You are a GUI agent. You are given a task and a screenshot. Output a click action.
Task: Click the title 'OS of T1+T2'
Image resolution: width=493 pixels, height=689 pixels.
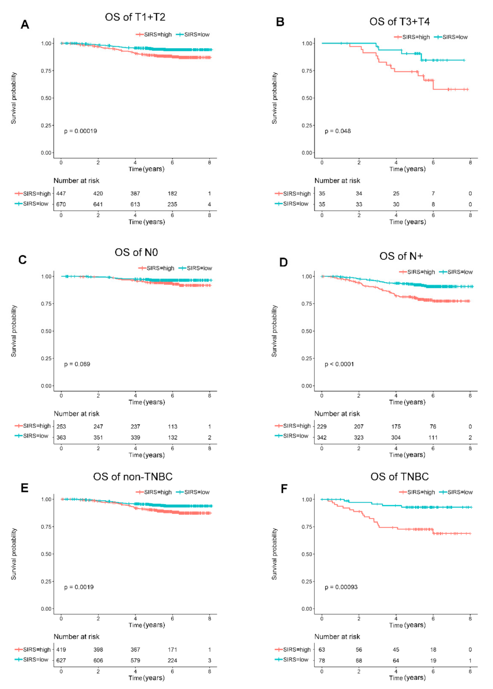(135, 17)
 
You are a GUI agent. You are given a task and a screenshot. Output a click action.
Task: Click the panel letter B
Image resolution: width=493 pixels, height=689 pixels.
(280, 22)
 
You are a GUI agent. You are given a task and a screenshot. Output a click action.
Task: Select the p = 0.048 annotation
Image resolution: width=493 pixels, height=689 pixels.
(338, 131)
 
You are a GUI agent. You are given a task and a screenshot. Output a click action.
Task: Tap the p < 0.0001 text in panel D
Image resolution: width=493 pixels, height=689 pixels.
(339, 364)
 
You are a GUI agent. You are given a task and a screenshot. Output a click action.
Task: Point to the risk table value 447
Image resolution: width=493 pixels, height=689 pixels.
(61, 193)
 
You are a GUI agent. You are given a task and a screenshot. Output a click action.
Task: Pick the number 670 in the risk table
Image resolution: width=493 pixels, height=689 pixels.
(61, 204)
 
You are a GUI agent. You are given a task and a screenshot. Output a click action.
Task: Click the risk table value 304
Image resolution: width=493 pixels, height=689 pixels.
(396, 437)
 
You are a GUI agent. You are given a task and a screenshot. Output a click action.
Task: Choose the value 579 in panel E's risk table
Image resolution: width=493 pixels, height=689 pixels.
(135, 660)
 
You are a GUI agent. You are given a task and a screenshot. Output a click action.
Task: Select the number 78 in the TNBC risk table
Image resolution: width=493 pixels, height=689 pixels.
(322, 660)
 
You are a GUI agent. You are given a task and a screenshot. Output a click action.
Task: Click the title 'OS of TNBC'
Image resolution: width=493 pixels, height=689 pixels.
(400, 477)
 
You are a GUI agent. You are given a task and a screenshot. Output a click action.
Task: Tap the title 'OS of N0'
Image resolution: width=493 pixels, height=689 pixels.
(136, 252)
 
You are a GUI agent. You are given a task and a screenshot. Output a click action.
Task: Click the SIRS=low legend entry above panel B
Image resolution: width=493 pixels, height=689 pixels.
(451, 37)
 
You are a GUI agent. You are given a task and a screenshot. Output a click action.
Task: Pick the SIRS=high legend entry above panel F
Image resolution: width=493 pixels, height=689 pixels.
(417, 492)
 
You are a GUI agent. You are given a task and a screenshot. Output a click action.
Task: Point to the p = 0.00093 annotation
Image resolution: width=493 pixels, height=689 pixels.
(341, 587)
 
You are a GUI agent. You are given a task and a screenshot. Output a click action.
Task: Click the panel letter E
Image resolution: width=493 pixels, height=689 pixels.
(25, 488)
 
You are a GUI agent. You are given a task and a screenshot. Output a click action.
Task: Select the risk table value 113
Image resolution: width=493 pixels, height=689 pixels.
(172, 426)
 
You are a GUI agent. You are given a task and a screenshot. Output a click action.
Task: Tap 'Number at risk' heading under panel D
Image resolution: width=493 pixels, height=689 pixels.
(337, 414)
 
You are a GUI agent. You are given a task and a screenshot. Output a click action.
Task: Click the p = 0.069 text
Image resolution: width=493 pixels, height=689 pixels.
(77, 364)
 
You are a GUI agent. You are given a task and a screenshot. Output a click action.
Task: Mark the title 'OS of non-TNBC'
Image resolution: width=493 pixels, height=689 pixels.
(133, 477)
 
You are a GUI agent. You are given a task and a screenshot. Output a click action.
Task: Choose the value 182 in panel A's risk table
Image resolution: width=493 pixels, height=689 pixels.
(172, 193)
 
